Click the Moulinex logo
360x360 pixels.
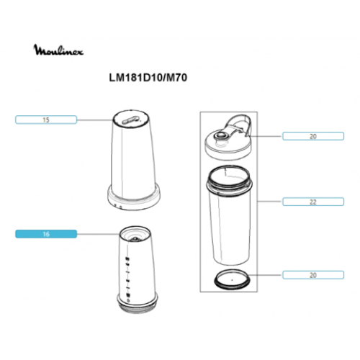[58, 50]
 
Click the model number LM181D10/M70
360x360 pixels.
[148, 78]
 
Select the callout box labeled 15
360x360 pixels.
[46, 120]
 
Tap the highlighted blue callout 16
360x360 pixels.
[46, 234]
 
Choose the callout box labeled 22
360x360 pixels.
[313, 202]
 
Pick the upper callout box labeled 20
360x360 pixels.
[313, 136]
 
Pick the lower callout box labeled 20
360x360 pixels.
[313, 275]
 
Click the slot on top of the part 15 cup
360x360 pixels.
[130, 120]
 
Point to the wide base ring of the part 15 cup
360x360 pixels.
[134, 198]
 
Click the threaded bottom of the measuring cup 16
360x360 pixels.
[138, 307]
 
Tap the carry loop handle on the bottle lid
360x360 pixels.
[239, 124]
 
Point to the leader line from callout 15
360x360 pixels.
[95, 120]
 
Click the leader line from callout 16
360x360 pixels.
[98, 234]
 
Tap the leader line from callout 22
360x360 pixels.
[270, 202]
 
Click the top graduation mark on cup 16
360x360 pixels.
[127, 258]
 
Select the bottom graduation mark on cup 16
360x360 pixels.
[128, 295]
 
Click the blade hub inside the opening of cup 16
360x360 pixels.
[135, 239]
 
